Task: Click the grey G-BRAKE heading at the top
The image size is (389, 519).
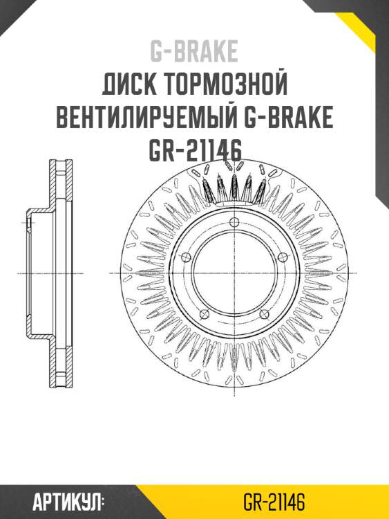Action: [194, 52]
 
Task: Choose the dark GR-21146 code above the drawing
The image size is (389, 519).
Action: [194, 151]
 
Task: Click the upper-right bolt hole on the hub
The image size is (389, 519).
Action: [281, 257]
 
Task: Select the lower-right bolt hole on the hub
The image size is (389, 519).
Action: [263, 315]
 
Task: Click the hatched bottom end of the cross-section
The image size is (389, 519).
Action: [60, 377]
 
